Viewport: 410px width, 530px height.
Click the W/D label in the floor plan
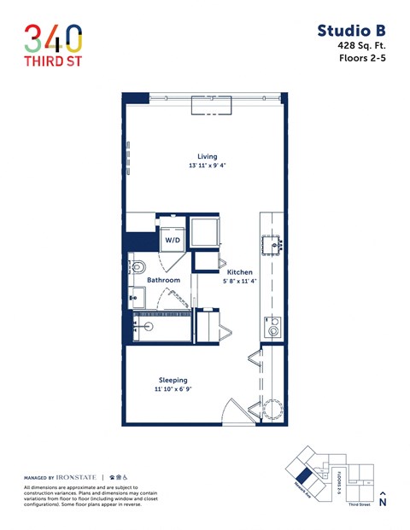[173, 240]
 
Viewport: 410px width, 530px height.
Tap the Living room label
[207, 157]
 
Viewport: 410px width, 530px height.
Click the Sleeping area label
[173, 380]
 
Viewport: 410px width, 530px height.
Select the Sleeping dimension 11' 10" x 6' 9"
[173, 390]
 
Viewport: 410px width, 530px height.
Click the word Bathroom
[163, 280]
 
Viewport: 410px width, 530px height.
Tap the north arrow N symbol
[382, 501]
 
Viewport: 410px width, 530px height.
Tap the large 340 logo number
[53, 38]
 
